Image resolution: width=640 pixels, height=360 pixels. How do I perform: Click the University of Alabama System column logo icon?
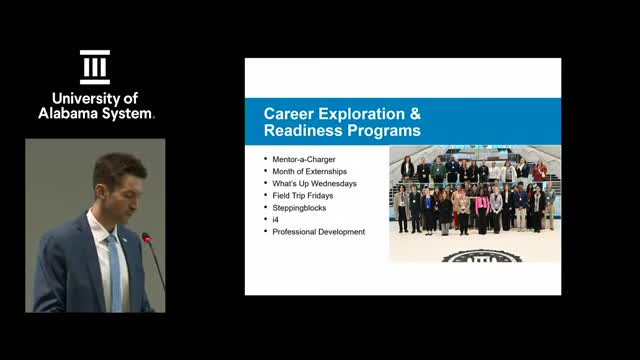coord(95,67)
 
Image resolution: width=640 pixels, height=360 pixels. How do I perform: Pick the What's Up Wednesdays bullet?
coord(314,183)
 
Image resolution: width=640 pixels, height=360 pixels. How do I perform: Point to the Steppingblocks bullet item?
coord(300,207)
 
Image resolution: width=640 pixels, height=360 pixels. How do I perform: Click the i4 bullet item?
coord(276,219)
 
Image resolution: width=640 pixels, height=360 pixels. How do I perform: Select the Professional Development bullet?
coord(318,231)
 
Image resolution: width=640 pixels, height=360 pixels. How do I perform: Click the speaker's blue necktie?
coord(114,270)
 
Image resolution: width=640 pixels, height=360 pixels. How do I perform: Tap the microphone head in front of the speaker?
coord(146,239)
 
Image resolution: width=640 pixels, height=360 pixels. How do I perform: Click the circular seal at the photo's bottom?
coord(475,256)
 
